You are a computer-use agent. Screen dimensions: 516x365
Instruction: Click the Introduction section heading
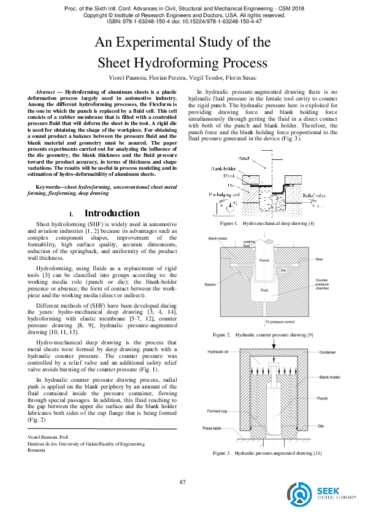pos(111,213)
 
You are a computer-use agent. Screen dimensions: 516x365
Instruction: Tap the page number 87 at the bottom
pos(182,482)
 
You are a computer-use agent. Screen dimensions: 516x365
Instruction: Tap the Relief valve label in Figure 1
pos(313,194)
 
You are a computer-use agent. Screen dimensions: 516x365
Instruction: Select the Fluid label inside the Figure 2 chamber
pos(265,291)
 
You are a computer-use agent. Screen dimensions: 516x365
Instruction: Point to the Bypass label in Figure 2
pos(212,284)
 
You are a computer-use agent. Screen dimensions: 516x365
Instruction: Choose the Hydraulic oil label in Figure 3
pos(219,352)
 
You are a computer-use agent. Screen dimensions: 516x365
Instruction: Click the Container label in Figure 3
pos(328,352)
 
